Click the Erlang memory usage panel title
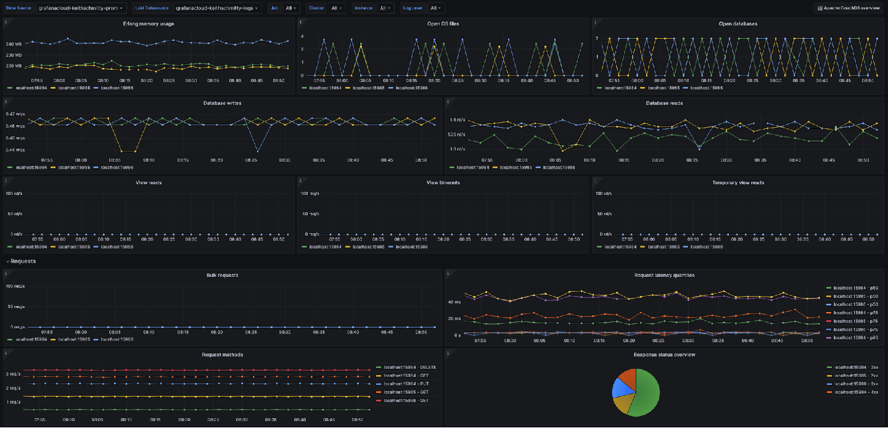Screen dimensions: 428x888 [x=148, y=23]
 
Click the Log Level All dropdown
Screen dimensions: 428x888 [x=436, y=8]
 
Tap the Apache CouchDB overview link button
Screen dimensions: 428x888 [x=849, y=8]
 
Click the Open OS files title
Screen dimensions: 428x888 [x=443, y=23]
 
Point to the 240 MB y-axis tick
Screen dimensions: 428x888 [x=14, y=44]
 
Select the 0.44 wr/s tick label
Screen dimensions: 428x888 [x=15, y=149]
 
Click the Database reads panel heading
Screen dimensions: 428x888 [x=664, y=103]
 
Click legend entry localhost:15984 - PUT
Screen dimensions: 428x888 [x=405, y=384]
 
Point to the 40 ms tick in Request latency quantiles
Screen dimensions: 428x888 [x=453, y=302]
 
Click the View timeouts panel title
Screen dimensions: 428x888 [x=443, y=183]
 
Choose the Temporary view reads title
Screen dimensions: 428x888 [x=738, y=183]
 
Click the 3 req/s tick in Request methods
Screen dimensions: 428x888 [x=14, y=374]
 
